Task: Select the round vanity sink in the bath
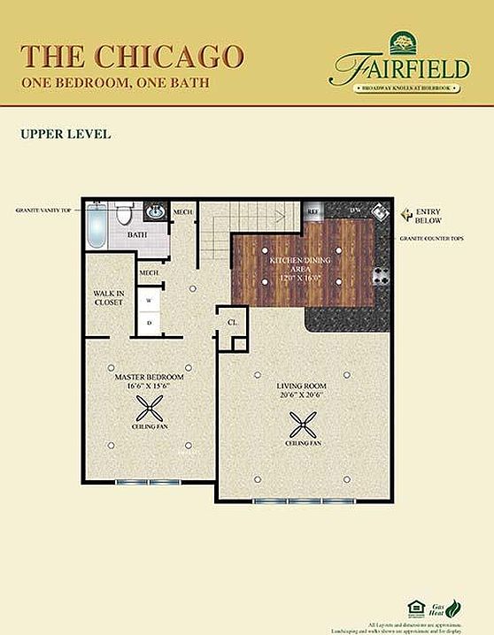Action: tap(155, 212)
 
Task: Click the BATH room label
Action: tap(136, 235)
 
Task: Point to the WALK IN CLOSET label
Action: tap(109, 297)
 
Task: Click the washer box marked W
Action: tap(149, 301)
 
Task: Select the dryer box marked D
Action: tap(149, 323)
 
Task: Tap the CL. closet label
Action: tap(232, 323)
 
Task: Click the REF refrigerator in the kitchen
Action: tap(313, 212)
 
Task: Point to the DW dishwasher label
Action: tap(353, 211)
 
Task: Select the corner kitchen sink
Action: tap(378, 213)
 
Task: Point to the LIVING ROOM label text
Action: tap(303, 386)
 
